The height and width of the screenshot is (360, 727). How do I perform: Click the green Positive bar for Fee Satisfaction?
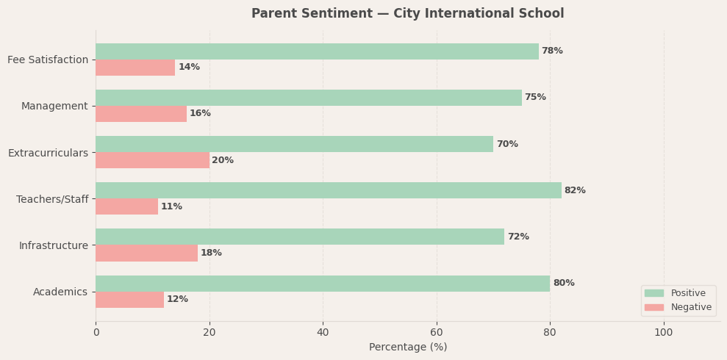point(317,51)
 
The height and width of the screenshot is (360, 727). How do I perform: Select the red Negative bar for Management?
point(141,114)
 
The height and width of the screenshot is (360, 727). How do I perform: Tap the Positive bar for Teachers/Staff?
point(329,190)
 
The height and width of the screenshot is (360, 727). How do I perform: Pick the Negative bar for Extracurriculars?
point(152,160)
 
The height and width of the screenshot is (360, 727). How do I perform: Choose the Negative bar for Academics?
point(129,300)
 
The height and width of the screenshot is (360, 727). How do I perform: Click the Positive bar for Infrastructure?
point(300,237)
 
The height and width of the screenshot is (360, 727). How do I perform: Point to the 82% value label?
point(575,191)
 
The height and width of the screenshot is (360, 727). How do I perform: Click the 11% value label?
point(171,207)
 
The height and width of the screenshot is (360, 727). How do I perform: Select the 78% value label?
point(552,51)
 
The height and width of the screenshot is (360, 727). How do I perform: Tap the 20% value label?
point(223,161)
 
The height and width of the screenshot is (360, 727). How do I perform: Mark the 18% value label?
point(211,253)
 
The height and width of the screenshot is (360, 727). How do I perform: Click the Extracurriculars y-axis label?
point(48,153)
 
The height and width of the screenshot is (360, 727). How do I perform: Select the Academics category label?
point(60,292)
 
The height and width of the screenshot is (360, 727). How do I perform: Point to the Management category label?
point(54,107)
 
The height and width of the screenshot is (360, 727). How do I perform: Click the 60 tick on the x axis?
point(437,333)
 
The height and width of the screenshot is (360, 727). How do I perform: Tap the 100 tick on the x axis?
point(664,333)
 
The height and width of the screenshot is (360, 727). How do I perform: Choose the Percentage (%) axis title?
point(408,348)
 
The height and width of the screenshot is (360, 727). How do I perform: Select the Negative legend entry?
point(690,307)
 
